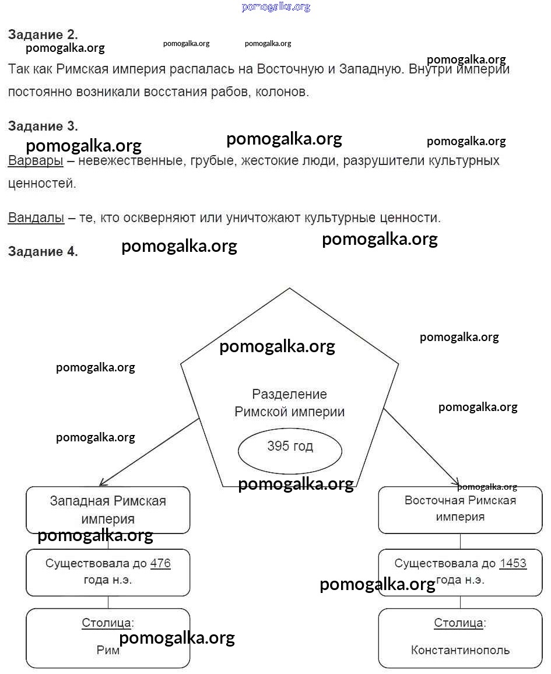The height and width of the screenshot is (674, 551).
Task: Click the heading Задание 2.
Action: pyautogui.click(x=43, y=34)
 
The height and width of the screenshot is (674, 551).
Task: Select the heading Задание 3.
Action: pyautogui.click(x=43, y=126)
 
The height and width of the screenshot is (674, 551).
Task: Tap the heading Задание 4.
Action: pyautogui.click(x=43, y=251)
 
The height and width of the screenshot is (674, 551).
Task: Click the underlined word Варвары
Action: pyautogui.click(x=35, y=161)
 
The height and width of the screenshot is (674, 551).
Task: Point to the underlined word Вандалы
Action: pyautogui.click(x=36, y=218)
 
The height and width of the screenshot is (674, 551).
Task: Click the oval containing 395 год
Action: pyautogui.click(x=290, y=450)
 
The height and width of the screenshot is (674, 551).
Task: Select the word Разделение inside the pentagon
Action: pyautogui.click(x=289, y=394)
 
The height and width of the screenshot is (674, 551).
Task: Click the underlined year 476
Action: pyautogui.click(x=160, y=563)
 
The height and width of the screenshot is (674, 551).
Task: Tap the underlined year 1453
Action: pyautogui.click(x=513, y=563)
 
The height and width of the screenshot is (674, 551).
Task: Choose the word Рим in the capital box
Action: pyautogui.click(x=108, y=650)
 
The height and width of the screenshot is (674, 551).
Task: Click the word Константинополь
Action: pyautogui.click(x=460, y=650)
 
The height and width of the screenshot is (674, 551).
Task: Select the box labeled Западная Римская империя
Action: pyautogui.click(x=108, y=510)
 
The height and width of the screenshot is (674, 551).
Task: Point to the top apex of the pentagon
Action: pyautogui.click(x=289, y=289)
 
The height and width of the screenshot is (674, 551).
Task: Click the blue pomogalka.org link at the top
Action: pyautogui.click(x=276, y=6)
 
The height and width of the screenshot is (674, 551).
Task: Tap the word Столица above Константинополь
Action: pyautogui.click(x=458, y=623)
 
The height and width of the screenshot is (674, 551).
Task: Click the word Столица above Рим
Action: pyautogui.click(x=106, y=623)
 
